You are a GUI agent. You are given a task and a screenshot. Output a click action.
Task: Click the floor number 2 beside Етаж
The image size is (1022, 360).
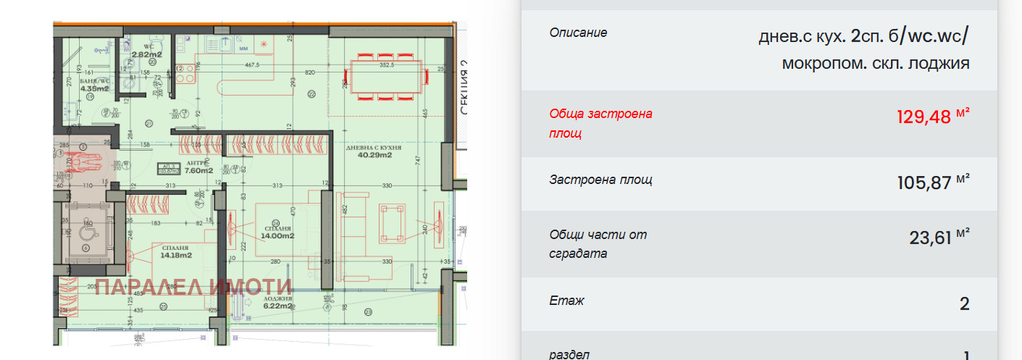(964, 303)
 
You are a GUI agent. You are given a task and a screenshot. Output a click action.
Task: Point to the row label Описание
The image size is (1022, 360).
(578, 33)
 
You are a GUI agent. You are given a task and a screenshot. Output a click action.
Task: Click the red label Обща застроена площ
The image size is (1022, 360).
(600, 123)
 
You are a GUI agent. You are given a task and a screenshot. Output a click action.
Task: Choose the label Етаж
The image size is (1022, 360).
(566, 301)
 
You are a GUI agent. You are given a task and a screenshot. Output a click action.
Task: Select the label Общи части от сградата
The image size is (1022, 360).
(598, 244)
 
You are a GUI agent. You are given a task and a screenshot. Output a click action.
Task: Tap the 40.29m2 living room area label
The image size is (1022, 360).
(374, 154)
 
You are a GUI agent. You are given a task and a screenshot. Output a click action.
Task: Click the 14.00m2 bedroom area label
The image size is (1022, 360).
(277, 235)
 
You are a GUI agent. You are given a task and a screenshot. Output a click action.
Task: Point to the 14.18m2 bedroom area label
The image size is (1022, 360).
(176, 255)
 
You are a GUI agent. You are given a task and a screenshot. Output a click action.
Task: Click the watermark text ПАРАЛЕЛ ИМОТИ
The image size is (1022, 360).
(193, 288)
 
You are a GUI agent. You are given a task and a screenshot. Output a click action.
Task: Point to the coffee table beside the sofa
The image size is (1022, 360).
(393, 222)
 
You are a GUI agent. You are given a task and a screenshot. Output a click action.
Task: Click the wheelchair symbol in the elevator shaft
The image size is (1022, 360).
(80, 159)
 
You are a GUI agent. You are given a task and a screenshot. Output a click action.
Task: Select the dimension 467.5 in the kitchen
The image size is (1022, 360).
(251, 64)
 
